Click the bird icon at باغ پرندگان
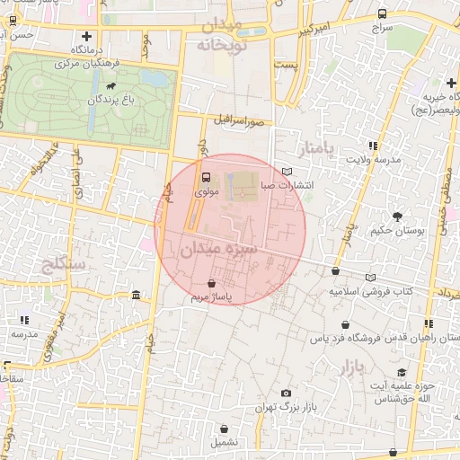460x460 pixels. tap(110, 87)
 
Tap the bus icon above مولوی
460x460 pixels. tap(206, 177)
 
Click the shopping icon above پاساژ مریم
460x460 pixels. tap(210, 284)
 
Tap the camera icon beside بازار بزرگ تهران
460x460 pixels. tap(286, 393)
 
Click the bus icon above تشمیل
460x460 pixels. tap(225, 429)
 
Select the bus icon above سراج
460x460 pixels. tap(383, 13)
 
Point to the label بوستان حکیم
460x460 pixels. tap(396, 231)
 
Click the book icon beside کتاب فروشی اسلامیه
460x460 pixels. tap(371, 277)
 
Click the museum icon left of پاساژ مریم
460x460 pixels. tap(135, 295)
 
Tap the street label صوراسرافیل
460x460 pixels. tap(238, 119)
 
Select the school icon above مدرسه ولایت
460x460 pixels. tap(372, 145)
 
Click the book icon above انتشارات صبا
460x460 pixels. tap(287, 171)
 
